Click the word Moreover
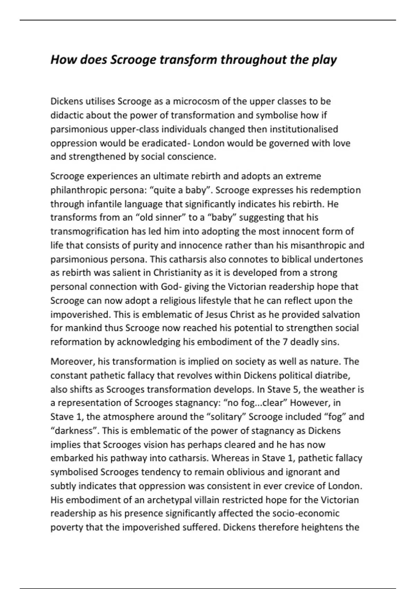(72, 362)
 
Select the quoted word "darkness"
(74, 431)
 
